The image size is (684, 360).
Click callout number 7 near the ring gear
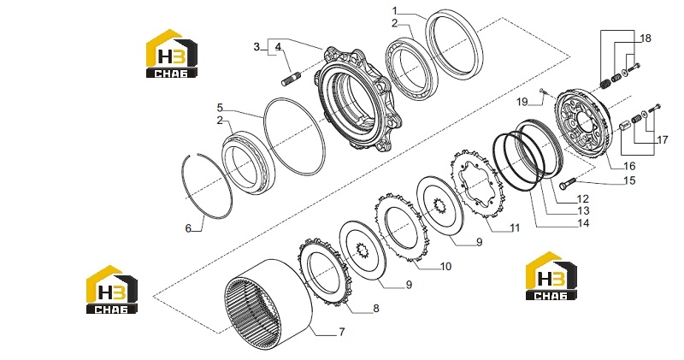[342, 332]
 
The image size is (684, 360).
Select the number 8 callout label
[376, 309]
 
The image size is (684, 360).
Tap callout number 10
[445, 266]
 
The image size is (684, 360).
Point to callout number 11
[515, 227]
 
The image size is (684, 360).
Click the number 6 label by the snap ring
[188, 228]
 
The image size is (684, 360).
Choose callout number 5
[220, 108]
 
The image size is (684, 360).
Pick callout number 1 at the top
[395, 10]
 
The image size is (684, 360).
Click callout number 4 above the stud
[278, 46]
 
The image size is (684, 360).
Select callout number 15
[630, 180]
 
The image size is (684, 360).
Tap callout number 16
[629, 166]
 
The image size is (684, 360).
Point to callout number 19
[522, 102]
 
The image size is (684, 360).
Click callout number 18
[646, 38]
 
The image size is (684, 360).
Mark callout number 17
[662, 140]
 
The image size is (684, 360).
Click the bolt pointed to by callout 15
[567, 184]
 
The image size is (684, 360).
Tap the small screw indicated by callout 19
[541, 91]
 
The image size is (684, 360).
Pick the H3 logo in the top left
[172, 54]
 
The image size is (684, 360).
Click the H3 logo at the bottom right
[551, 276]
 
